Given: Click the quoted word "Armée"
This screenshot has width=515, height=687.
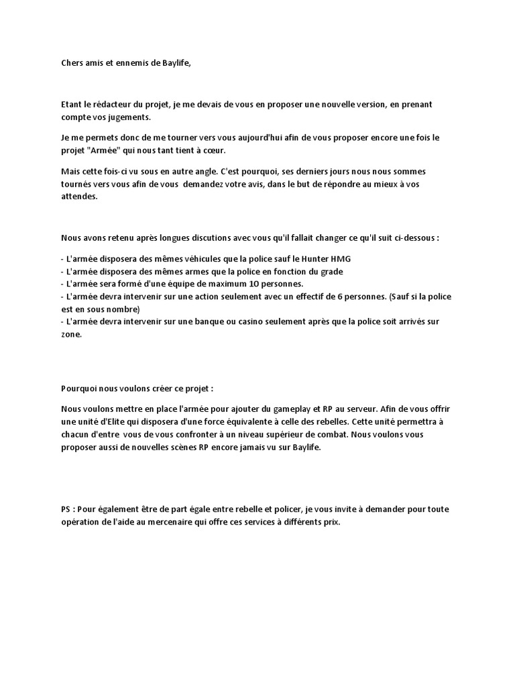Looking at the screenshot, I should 101,150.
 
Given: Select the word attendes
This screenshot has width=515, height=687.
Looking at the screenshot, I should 79,197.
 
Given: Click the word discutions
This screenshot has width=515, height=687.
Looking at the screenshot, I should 214,237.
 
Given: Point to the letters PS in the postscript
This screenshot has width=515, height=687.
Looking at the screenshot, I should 66,510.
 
